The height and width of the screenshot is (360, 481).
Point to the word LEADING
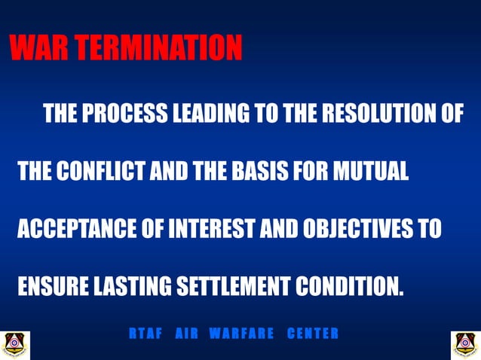pyautogui.click(x=212, y=114)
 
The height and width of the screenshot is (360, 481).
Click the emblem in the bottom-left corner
pyautogui.click(x=15, y=344)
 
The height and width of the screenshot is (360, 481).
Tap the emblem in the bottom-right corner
pyautogui.click(x=465, y=344)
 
